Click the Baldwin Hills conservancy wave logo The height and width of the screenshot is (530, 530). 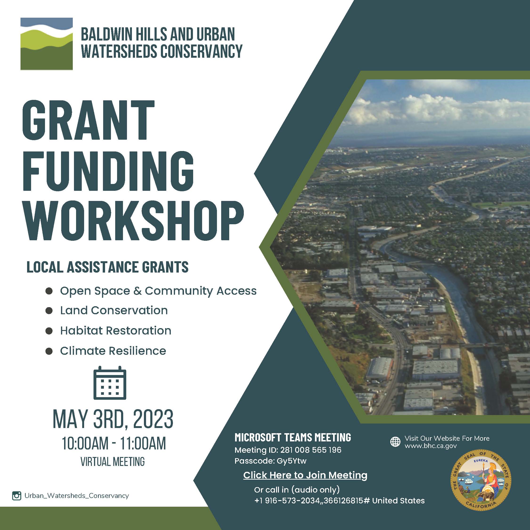tap(47, 44)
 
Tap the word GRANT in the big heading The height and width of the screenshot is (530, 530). tap(88, 120)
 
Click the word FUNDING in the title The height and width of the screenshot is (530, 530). tap(108, 171)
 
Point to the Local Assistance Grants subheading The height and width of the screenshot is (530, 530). tap(108, 267)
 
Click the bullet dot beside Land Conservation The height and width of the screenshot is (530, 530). tap(49, 310)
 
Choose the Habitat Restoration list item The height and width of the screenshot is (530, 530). tap(115, 330)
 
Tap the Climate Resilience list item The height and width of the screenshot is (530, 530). tap(113, 351)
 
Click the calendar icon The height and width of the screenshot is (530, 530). tap(110, 383)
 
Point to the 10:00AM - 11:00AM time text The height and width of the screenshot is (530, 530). tap(114, 444)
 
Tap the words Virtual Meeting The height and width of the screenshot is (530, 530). tap(113, 462)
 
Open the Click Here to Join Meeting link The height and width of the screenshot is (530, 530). tap(305, 475)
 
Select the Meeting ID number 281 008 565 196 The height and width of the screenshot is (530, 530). tap(311, 450)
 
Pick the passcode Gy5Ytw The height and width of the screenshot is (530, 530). tap(292, 461)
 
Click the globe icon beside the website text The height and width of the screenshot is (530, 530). tap(395, 442)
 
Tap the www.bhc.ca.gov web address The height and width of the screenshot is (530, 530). tap(431, 446)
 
